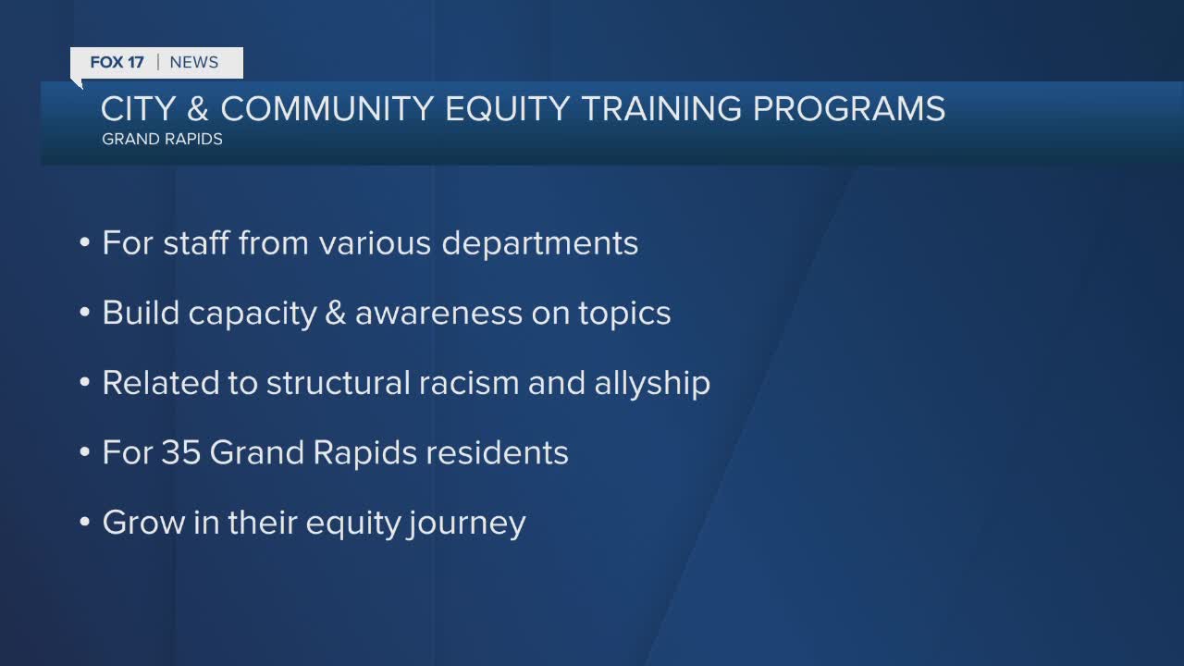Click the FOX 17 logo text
pyautogui.click(x=117, y=62)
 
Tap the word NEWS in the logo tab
pyautogui.click(x=194, y=62)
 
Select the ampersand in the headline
pyautogui.click(x=197, y=109)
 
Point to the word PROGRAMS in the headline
pyautogui.click(x=849, y=109)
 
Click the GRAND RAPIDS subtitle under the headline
pyautogui.click(x=162, y=139)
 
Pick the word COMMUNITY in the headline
pyautogui.click(x=327, y=109)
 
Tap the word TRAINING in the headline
pyautogui.click(x=661, y=109)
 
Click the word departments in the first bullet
pyautogui.click(x=539, y=244)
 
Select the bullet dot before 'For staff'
pyautogui.click(x=84, y=243)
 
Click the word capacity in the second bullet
pyautogui.click(x=253, y=314)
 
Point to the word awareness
pyautogui.click(x=438, y=313)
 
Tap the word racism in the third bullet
pyautogui.click(x=469, y=383)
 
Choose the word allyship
pyautogui.click(x=652, y=384)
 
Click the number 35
pyautogui.click(x=180, y=452)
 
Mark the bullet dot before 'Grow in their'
pyautogui.click(x=84, y=523)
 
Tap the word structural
pyautogui.click(x=339, y=383)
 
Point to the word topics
pyautogui.click(x=624, y=314)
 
